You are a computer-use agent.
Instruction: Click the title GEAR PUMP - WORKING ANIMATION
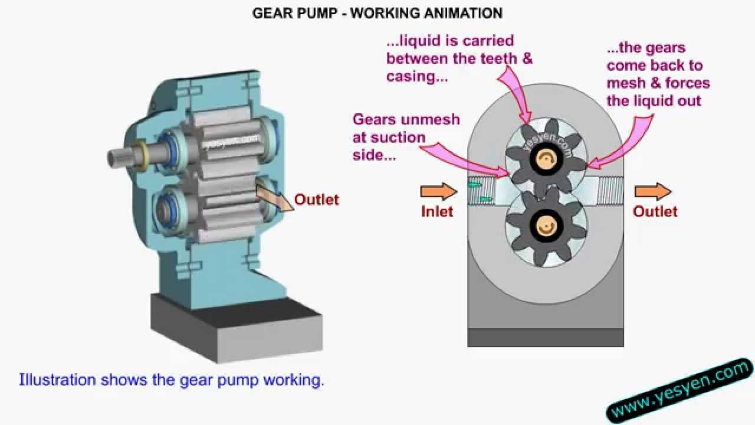point(377,12)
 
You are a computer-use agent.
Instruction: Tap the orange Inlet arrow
point(438,191)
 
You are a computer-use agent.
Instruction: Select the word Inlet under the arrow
point(437,211)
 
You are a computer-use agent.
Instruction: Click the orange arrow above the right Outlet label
point(652,191)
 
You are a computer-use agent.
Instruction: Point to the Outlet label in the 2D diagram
point(655,211)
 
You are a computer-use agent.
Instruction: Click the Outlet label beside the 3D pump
point(317,200)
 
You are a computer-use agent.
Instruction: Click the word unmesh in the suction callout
point(431,119)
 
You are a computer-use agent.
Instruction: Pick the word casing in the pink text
point(413,76)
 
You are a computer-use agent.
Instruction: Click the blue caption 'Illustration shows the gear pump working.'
point(172,380)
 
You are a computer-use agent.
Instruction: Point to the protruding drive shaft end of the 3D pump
point(117,157)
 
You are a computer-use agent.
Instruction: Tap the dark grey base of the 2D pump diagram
point(545,337)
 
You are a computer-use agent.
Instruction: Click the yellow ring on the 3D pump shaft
point(140,156)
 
